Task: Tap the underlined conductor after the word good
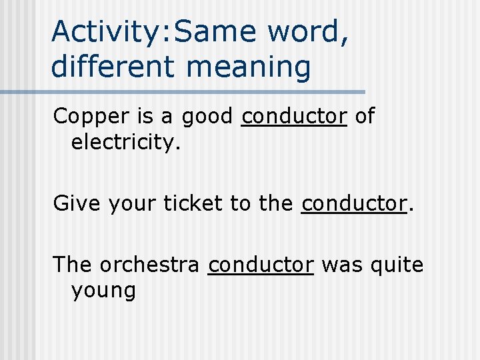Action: pyautogui.click(x=294, y=116)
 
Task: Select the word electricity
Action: pyautogui.click(x=125, y=142)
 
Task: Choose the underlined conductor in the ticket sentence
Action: pyautogui.click(x=353, y=203)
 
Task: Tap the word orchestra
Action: pyautogui.click(x=149, y=265)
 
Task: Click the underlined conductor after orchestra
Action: pyautogui.click(x=261, y=265)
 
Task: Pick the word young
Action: pyautogui.click(x=103, y=291)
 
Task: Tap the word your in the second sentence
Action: pyautogui.click(x=125, y=203)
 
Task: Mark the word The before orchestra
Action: pyautogui.click(x=73, y=265)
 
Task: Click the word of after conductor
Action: pyautogui.click(x=364, y=116)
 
